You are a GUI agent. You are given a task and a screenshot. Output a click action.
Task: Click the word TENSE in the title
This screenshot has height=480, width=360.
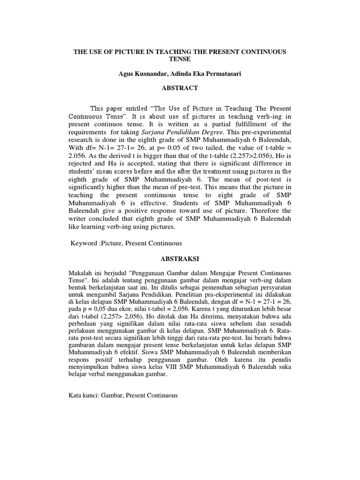[180, 59]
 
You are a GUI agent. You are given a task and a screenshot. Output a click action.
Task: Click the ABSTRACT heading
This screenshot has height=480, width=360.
[180, 88]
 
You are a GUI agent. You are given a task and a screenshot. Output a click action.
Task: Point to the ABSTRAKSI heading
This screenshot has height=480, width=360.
[180, 258]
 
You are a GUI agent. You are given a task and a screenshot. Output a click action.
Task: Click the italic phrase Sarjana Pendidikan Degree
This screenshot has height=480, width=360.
[172, 133]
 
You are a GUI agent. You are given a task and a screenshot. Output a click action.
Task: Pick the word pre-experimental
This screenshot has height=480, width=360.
[265, 133]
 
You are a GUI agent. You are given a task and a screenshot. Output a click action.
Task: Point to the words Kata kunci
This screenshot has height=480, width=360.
[83, 396]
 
